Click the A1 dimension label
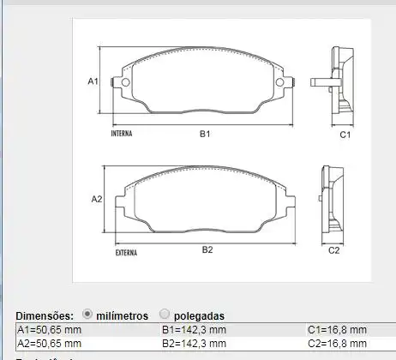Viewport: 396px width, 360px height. point(93,81)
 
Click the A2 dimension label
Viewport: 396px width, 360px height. point(97,199)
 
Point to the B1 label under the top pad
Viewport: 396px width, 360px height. point(205,135)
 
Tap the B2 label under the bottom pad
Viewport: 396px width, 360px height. point(207,250)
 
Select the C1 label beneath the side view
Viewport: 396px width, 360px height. point(344,135)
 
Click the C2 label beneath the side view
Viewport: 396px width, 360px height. point(334,250)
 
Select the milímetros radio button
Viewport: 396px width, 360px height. point(88,315)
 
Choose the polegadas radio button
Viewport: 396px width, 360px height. point(165,315)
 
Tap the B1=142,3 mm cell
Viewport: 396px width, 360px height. point(194,330)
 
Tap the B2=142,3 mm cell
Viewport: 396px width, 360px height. point(194,343)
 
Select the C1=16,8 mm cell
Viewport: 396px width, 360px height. point(337,330)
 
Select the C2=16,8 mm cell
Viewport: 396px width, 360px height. point(337,343)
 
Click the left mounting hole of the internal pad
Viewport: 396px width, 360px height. point(125,83)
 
